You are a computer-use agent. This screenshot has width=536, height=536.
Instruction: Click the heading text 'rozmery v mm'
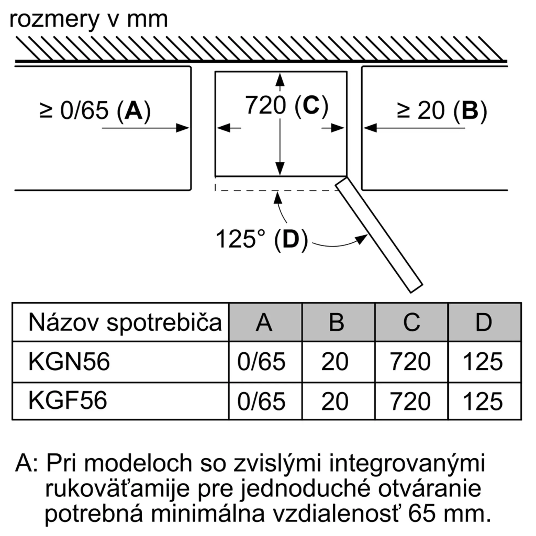coord(88,20)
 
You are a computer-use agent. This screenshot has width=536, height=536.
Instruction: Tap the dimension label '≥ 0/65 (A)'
coord(95,111)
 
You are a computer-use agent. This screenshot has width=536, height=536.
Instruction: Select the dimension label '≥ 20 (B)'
coord(442,111)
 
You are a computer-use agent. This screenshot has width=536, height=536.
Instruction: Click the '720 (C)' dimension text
coord(286,105)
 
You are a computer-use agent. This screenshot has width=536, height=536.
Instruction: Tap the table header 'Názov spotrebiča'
coord(125,322)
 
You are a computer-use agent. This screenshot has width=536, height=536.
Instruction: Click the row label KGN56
coord(69,362)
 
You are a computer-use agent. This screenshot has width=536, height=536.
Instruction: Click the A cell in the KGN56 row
coord(261,362)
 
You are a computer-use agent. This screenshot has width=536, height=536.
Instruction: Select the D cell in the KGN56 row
coord(483,362)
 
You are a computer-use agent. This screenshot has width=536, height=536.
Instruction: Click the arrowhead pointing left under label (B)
coord(370,128)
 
